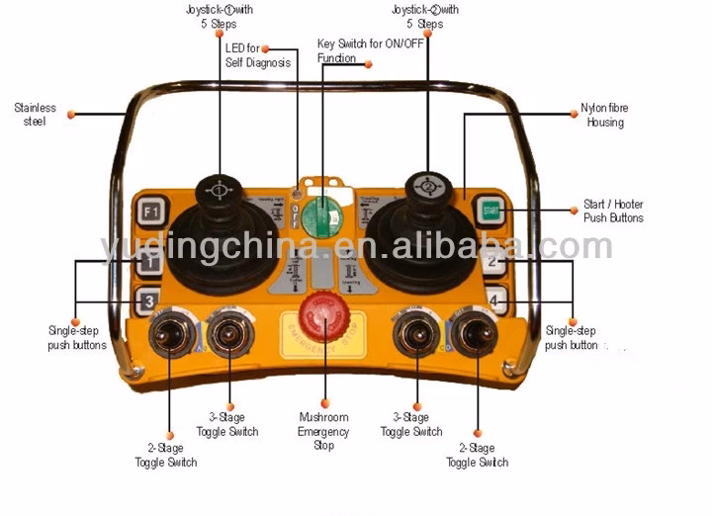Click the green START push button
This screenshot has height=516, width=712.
coord(489,209)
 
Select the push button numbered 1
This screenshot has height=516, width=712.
coord(149,263)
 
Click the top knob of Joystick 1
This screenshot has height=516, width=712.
coord(218,188)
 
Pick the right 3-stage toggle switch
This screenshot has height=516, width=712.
coord(414,335)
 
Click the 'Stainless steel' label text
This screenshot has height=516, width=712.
coord(35,115)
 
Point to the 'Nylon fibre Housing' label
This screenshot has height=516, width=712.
coord(604,116)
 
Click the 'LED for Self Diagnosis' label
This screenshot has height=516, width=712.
coord(258,55)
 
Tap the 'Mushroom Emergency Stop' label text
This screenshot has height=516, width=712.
coord(323,432)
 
